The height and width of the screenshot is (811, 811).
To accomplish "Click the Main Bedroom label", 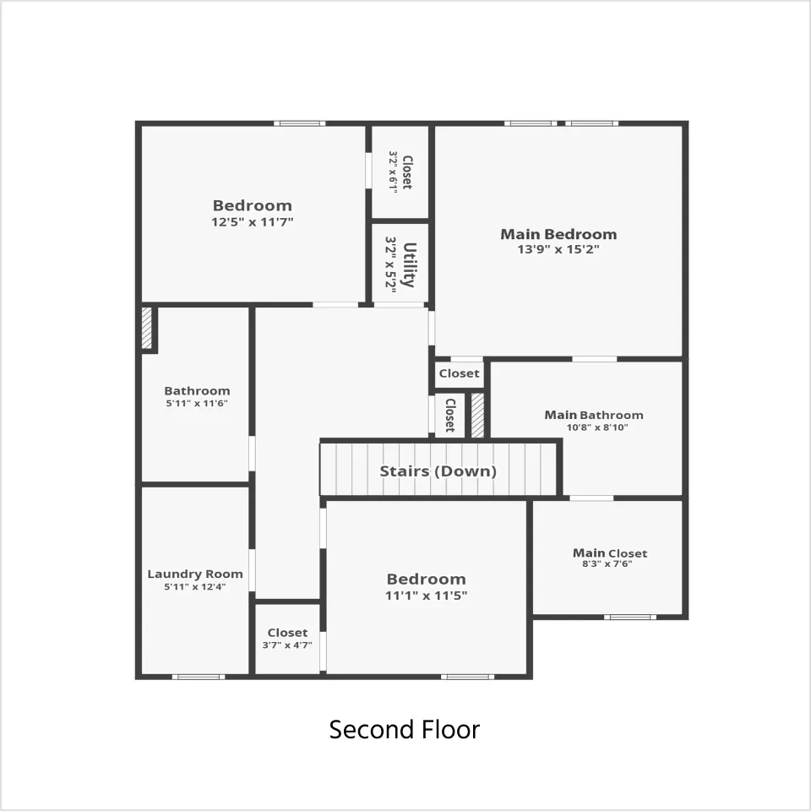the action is pos(558,234).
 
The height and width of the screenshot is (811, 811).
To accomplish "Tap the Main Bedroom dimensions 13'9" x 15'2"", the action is pos(558,249).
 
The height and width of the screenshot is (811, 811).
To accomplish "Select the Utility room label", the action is pos(410,264).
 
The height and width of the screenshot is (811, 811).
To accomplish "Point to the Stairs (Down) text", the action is pos(438,471).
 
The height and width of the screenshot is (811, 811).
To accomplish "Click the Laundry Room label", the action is pos(195,574).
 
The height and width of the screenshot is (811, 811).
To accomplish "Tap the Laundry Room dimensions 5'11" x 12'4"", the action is pos(195,587).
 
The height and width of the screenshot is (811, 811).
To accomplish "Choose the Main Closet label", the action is pos(610,552).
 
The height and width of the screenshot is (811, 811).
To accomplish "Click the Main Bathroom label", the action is pos(594,416).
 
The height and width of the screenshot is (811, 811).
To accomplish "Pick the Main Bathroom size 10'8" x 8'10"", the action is pos(597,427).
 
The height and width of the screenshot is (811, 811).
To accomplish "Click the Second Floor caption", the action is pos(405,730).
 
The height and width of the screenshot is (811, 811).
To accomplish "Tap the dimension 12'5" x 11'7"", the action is pos(253,222).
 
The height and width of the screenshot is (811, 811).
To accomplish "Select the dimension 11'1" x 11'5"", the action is pos(426,596).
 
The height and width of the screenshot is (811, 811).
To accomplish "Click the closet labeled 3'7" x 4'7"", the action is pos(287,639).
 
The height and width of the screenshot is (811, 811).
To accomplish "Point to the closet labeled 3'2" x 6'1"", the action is pos(400,172).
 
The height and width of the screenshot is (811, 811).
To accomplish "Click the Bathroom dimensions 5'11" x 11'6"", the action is pos(197,404).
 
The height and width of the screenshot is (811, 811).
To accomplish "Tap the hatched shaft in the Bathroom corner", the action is pos(147,329).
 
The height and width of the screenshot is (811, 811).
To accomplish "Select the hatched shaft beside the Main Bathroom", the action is pos(477,416).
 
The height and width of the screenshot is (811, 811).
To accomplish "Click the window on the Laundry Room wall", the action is pos(199,677).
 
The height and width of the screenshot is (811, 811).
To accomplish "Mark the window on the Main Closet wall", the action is pos(630,617).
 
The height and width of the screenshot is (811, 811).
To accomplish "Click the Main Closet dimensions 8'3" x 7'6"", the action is pos(607,564).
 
